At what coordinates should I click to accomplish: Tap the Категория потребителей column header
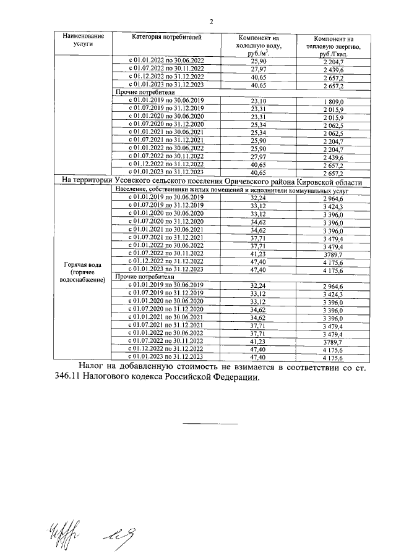166,37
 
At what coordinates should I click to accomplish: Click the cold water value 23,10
259,101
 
